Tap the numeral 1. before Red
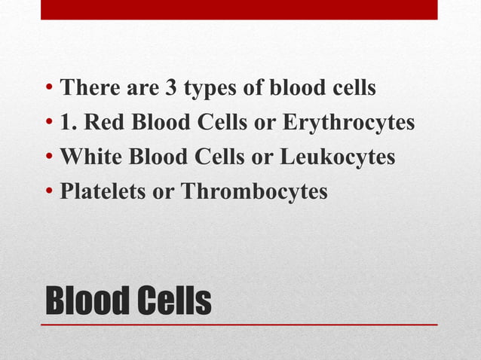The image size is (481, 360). [x=69, y=123]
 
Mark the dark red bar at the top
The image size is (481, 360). [x=239, y=10]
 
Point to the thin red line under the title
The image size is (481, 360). [x=239, y=325]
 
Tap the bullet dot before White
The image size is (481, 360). [x=48, y=157]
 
